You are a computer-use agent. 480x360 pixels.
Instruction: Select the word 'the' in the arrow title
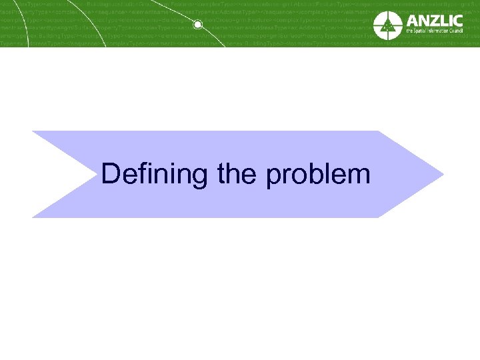coord(237,174)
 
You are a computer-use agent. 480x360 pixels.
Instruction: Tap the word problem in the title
coord(317,175)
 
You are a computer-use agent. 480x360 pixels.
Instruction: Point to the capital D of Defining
coord(111,174)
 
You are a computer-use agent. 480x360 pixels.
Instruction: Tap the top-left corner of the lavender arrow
coord(33,131)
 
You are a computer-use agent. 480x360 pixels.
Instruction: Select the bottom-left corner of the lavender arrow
coord(33,217)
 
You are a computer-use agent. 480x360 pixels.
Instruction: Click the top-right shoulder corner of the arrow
coord(379,131)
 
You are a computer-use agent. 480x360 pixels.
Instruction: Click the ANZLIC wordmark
coord(437,21)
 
